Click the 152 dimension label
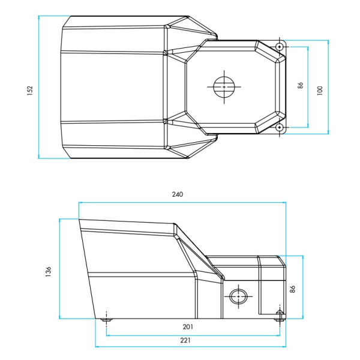click(30, 91)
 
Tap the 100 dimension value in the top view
click(320, 91)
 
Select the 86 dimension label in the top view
click(300, 85)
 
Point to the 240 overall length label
click(178, 194)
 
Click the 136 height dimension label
click(48, 272)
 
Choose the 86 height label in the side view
click(292, 289)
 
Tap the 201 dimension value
click(188, 327)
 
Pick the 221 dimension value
click(185, 340)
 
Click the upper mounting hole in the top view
click(279, 47)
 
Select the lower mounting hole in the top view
click(279, 127)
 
